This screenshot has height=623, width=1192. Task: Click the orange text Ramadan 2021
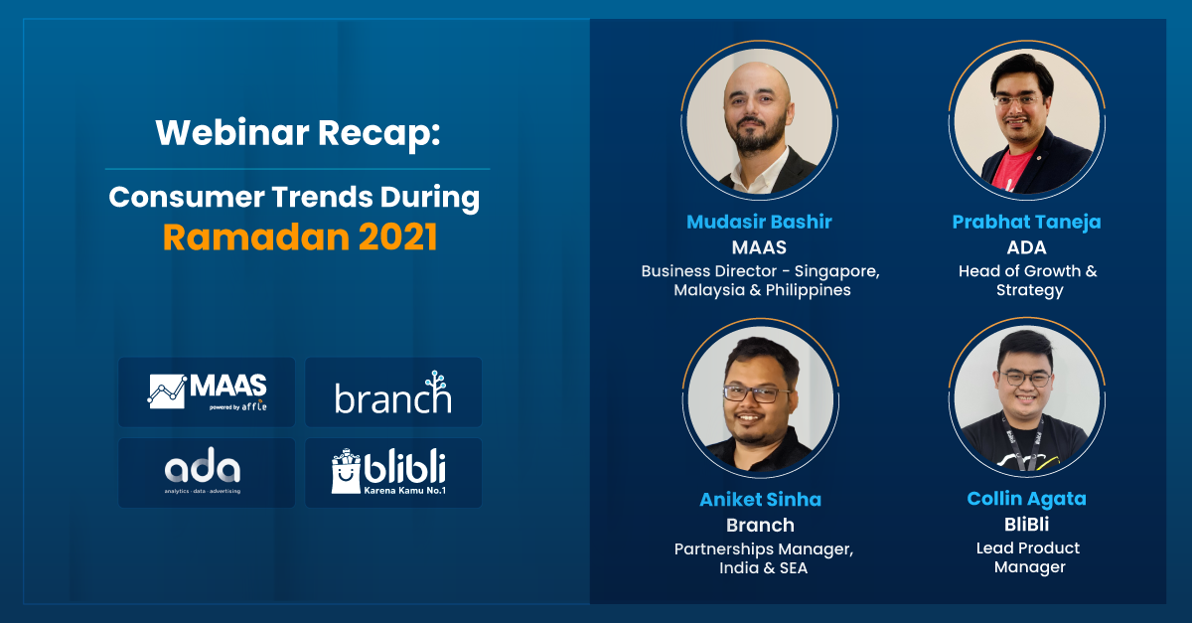coord(300,236)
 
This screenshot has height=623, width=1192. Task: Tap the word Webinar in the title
coord(232,132)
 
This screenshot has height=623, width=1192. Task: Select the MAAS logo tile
coord(207,391)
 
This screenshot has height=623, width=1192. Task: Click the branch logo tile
coord(393,391)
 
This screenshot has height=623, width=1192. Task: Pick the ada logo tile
coord(207,473)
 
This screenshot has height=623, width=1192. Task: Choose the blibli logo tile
coord(393,473)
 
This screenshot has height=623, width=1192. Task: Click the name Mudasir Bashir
coord(759,222)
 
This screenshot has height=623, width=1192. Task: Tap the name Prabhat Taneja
coord(1026,222)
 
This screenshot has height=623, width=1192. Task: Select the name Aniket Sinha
coord(761,500)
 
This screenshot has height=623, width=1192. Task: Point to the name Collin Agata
coord(1026,499)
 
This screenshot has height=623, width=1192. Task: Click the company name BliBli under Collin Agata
coord(1026,525)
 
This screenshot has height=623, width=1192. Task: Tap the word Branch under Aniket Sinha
coord(761,525)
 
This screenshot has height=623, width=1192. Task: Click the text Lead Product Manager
coord(1029,557)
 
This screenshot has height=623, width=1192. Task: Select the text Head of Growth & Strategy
coord(1028,280)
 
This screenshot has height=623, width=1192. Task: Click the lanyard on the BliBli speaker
coord(1024,443)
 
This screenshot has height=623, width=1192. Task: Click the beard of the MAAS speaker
coord(757,137)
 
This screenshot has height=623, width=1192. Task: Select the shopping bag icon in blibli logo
coord(346,471)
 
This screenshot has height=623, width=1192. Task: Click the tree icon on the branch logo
coord(436,381)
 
